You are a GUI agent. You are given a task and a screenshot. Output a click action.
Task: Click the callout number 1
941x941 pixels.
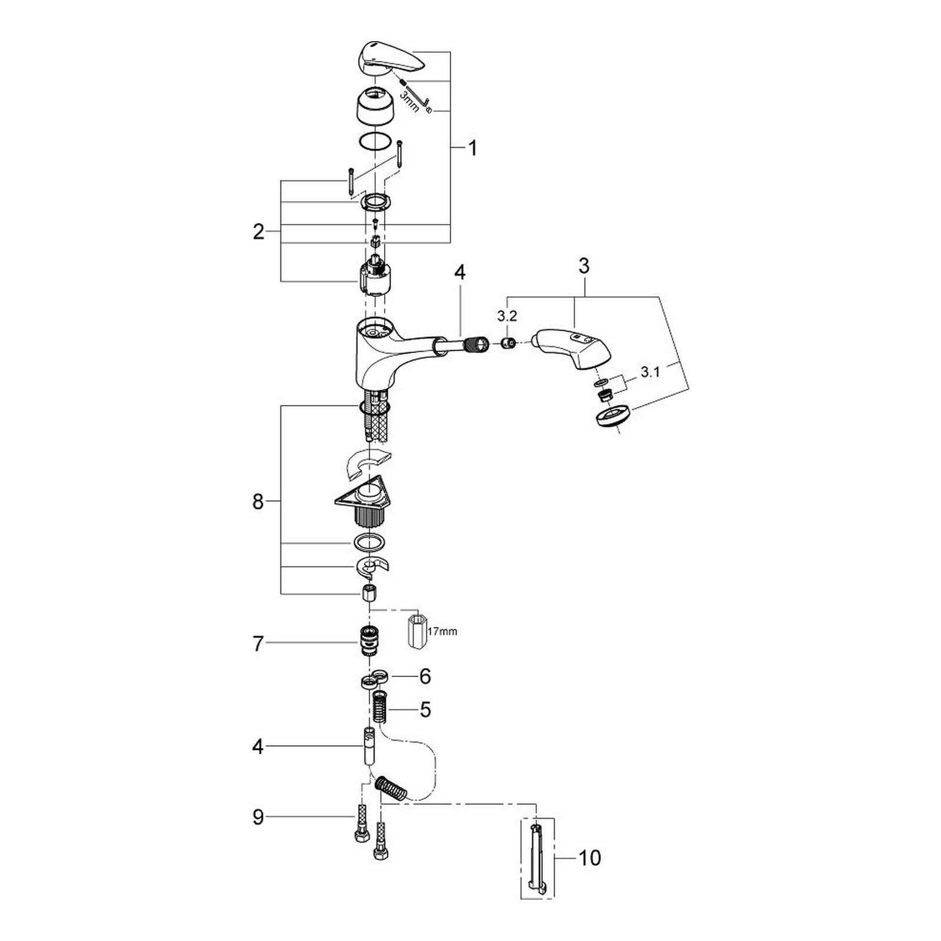472,148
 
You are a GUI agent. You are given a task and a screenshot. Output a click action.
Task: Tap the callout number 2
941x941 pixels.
258,232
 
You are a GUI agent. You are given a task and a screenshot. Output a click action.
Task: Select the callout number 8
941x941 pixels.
258,503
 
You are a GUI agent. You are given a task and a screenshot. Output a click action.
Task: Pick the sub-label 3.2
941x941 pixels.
506,316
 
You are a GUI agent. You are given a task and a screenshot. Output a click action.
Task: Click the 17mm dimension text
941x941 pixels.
443,632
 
